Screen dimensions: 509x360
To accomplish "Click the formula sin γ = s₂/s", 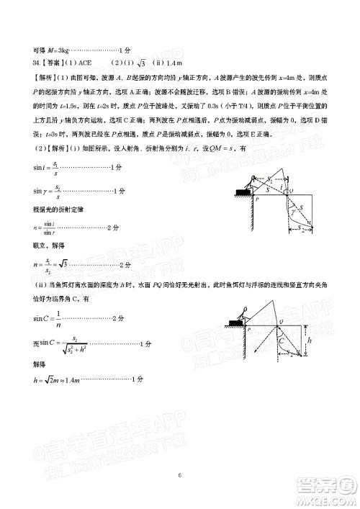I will [32, 191].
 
